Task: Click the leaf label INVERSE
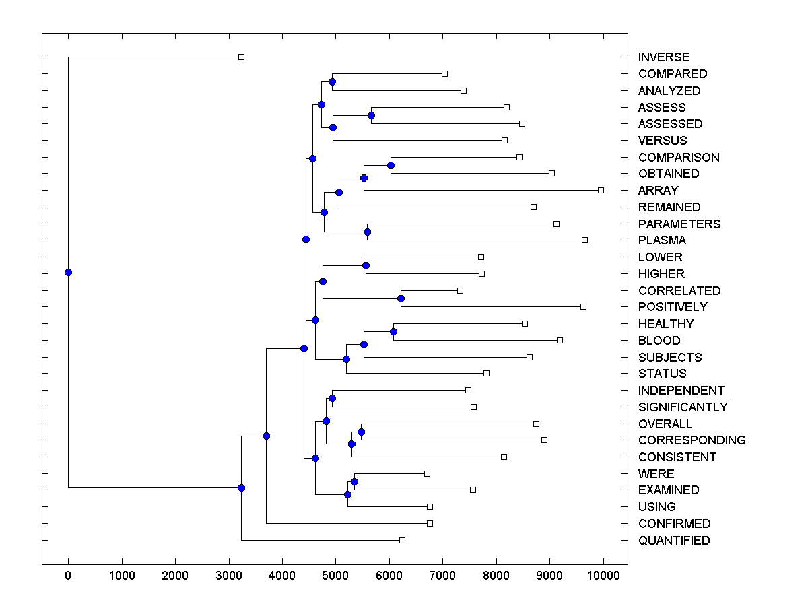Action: click(664, 57)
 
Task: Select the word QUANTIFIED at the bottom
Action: click(674, 541)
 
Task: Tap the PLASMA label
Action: click(663, 240)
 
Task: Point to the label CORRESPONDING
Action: click(692, 440)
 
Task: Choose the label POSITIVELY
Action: click(673, 307)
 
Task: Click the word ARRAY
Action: click(659, 191)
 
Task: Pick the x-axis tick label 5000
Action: click(335, 576)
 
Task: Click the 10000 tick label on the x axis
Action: click(603, 576)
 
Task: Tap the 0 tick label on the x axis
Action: click(68, 576)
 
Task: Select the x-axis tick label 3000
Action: click(228, 576)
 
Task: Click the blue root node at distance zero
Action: click(68, 272)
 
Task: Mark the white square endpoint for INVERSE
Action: click(242, 57)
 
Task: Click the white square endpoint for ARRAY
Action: click(601, 191)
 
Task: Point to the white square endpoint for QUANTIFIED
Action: click(402, 540)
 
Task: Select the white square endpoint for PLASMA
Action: click(584, 240)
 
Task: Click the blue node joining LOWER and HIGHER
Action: click(366, 265)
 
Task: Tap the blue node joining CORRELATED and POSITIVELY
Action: click(401, 298)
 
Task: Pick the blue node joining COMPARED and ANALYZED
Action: click(332, 81)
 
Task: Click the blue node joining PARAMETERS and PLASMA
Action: click(367, 232)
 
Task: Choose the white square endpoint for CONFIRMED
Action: click(430, 523)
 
